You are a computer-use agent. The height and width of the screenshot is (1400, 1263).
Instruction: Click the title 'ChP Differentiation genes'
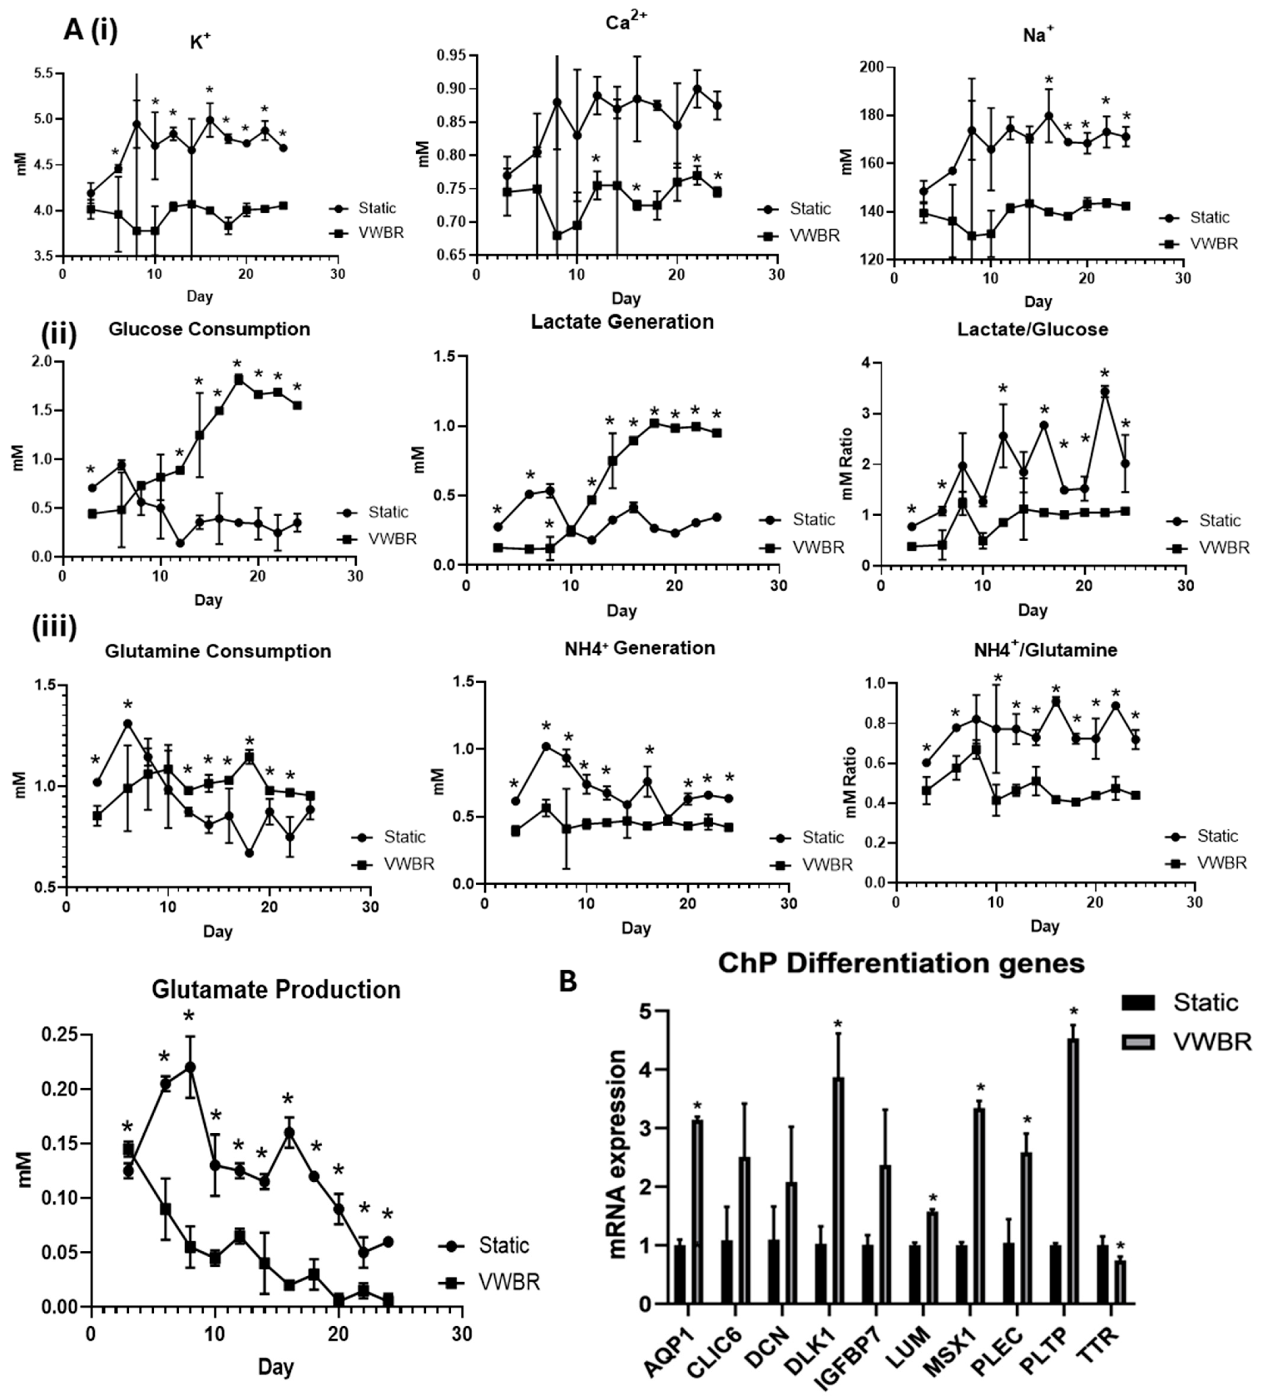click(x=901, y=963)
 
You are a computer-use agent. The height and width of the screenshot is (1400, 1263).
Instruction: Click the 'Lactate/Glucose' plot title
click(x=1033, y=329)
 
